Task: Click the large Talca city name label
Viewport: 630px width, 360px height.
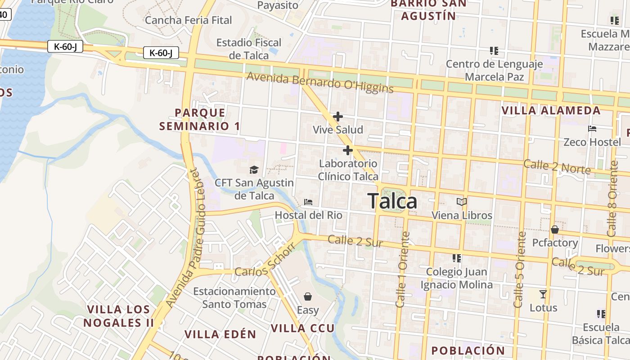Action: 393,201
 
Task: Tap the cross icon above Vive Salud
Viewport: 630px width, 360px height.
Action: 337,117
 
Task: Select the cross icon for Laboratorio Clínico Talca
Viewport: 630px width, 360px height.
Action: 347,150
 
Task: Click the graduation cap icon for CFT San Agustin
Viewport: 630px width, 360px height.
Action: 254,170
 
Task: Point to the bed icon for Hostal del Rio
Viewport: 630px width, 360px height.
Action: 308,202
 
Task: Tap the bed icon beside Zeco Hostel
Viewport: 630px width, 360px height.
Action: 592,129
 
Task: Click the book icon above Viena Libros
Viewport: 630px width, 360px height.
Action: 462,202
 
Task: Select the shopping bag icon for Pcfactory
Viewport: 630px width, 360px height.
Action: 555,229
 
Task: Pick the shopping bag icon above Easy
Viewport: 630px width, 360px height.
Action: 308,297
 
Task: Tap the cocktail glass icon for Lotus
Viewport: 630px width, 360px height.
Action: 543,294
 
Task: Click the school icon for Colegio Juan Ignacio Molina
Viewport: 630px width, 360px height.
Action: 457,258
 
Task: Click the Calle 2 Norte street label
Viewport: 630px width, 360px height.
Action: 557,166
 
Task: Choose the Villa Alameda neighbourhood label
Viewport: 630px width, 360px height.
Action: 551,111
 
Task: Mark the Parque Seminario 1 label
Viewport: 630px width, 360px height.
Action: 200,119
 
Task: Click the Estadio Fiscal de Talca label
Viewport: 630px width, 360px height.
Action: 249,49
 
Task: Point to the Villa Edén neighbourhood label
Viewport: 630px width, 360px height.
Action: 220,334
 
